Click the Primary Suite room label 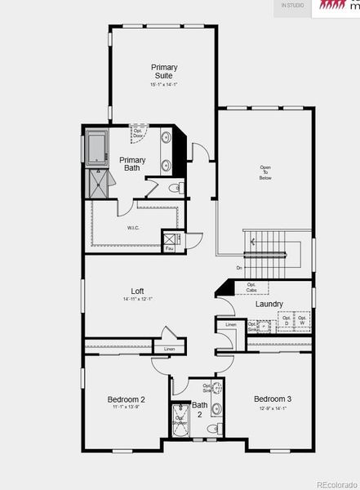point(164,71)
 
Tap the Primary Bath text point(132,164)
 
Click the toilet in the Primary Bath point(177,189)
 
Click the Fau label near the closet point(170,248)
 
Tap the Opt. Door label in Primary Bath point(139,134)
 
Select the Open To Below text point(265,172)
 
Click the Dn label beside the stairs point(239,268)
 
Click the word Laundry point(269,305)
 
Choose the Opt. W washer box point(301,321)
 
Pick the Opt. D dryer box point(286,321)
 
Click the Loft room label point(138,291)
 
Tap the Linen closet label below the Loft point(169,350)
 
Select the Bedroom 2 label point(127,399)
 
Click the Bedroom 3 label point(272,399)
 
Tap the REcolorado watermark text point(336,482)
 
